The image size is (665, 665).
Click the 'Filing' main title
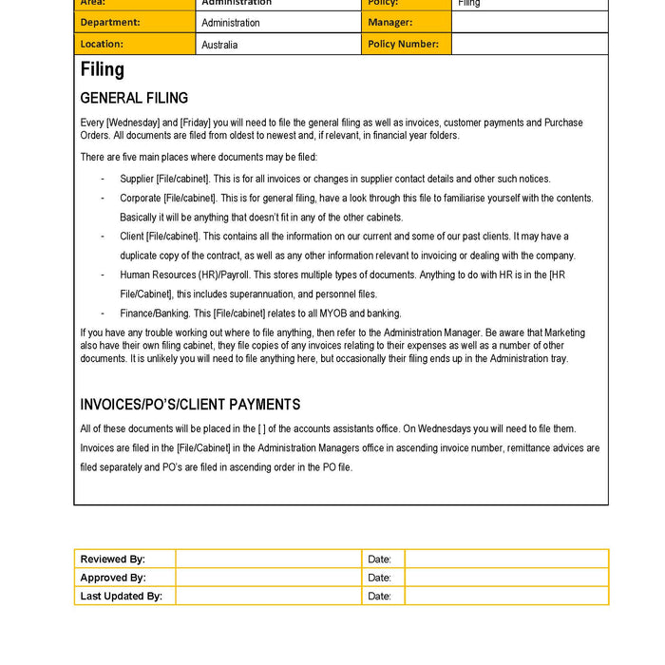(103, 69)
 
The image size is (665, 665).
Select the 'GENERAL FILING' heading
(134, 98)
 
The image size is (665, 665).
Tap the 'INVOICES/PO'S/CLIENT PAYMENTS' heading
(190, 405)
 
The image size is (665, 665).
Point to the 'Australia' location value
(219, 45)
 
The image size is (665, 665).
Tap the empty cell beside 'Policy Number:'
(529, 44)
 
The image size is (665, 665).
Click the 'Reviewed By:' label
(113, 560)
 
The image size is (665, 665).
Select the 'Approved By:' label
(113, 578)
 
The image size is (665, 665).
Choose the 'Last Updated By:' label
(122, 597)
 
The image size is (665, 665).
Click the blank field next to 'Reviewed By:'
(268, 560)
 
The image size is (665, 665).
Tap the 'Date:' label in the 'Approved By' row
(379, 578)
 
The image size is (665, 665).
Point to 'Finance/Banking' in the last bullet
(152, 313)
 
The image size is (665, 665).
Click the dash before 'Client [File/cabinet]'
(103, 237)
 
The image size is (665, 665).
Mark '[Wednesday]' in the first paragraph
(133, 123)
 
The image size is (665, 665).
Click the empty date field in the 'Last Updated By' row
(505, 597)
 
